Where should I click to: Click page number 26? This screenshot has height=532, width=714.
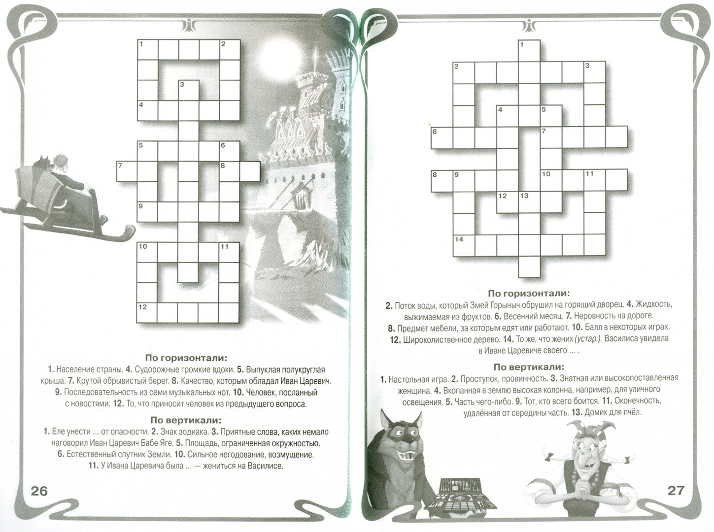pyautogui.click(x=39, y=491)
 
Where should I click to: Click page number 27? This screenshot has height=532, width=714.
pyautogui.click(x=676, y=491)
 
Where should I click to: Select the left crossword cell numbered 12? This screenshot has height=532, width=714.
pyautogui.click(x=147, y=313)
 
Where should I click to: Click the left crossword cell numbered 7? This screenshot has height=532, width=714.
pyautogui.click(x=127, y=171)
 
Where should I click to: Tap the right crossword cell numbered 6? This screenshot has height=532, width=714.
pyautogui.click(x=442, y=138)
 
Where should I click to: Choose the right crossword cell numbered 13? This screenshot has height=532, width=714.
pyautogui.click(x=529, y=202)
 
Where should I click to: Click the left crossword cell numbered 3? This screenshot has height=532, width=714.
pyautogui.click(x=189, y=90)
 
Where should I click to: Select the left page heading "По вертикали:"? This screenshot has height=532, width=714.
pyautogui.click(x=186, y=420)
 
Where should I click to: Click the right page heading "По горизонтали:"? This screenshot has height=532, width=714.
pyautogui.click(x=529, y=293)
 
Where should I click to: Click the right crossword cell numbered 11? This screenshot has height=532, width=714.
pyautogui.click(x=595, y=180)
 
